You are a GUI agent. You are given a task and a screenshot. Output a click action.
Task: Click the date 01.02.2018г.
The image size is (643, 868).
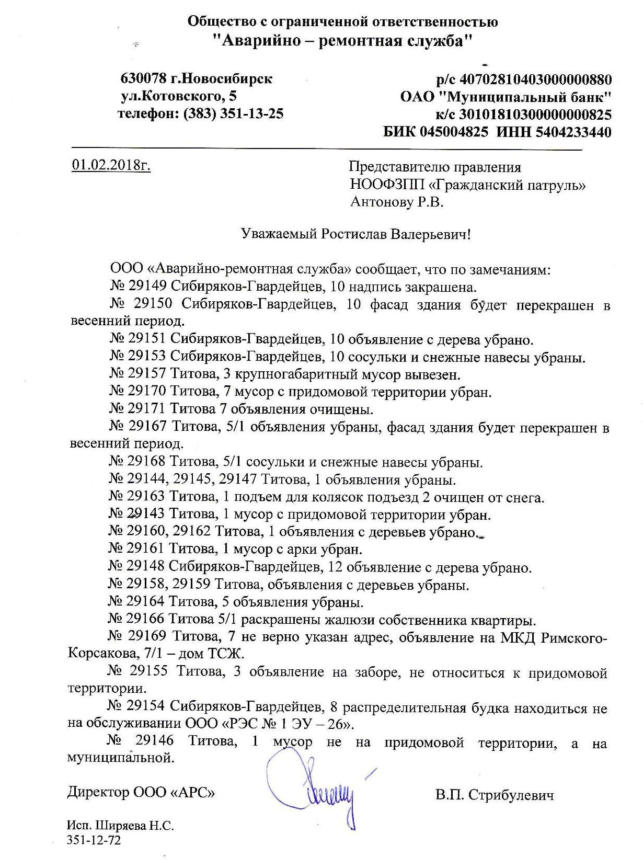[111, 166]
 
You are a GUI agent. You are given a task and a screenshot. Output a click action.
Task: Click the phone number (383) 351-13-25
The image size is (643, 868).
[233, 113]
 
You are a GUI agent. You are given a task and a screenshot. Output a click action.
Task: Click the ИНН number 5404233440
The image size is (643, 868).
[573, 132]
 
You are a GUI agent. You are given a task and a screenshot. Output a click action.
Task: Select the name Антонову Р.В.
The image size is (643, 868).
[397, 202]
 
